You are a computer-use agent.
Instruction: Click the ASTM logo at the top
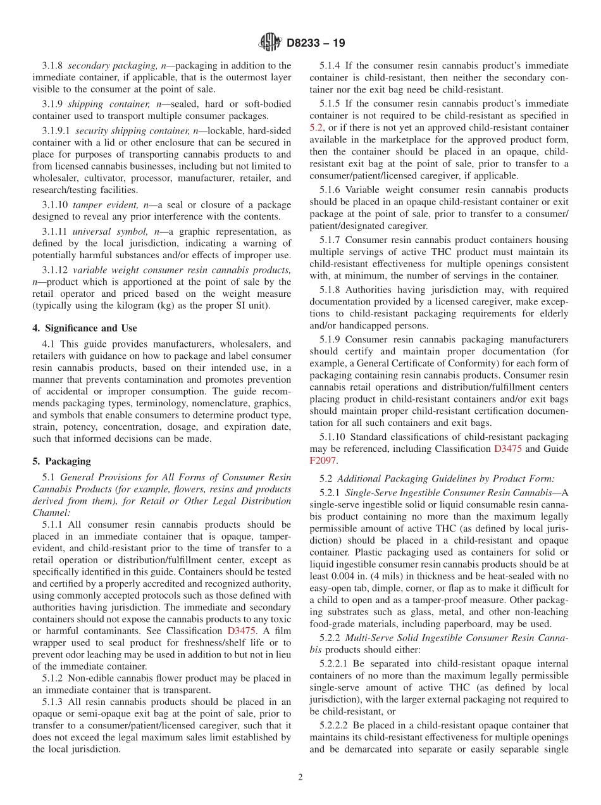click(271, 43)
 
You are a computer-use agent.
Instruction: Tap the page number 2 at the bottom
click(300, 778)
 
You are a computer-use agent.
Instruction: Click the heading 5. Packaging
click(61, 461)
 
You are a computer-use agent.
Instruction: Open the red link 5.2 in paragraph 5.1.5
click(316, 127)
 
